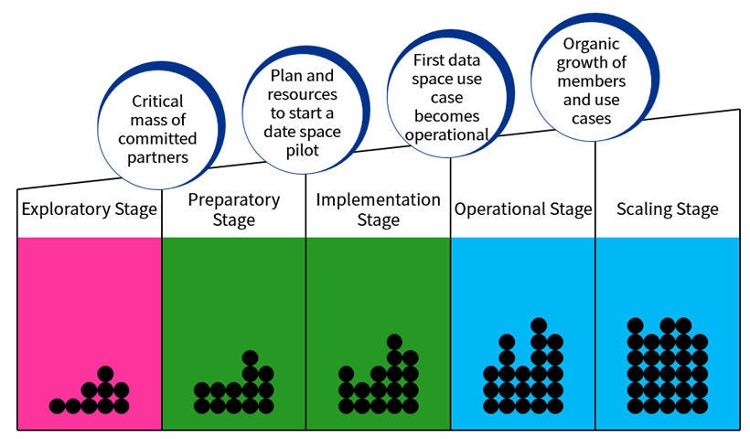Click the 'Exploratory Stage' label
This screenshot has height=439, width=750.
pos(89,209)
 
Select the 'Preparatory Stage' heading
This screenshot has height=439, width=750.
pos(233,209)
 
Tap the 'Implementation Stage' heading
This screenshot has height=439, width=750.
pos(378,209)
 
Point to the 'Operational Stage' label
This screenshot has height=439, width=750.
pos(522,209)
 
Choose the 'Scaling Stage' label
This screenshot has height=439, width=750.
pos(667,209)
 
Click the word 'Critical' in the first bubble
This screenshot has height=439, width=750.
pos(157,102)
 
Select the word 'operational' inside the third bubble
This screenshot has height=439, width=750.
pos(439,134)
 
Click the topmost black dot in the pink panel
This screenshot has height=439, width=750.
pos(105,373)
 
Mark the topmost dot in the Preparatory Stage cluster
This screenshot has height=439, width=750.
pos(250,358)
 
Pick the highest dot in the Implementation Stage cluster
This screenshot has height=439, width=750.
pos(394,341)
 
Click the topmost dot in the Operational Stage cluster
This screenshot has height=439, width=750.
pos(539,325)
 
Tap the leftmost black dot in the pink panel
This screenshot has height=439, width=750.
pos(57,405)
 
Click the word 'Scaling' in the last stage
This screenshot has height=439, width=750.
pos(641,209)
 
